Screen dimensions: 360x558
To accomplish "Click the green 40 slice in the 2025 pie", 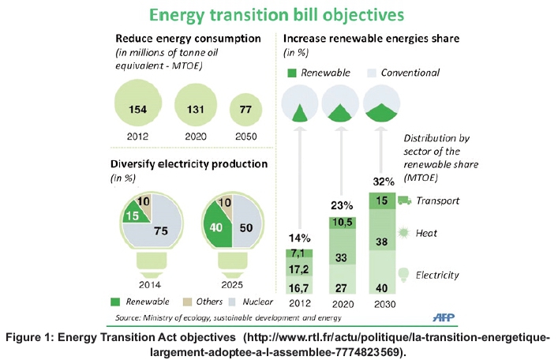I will coord(214,227).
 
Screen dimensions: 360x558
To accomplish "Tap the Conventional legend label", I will coord(410,73).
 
